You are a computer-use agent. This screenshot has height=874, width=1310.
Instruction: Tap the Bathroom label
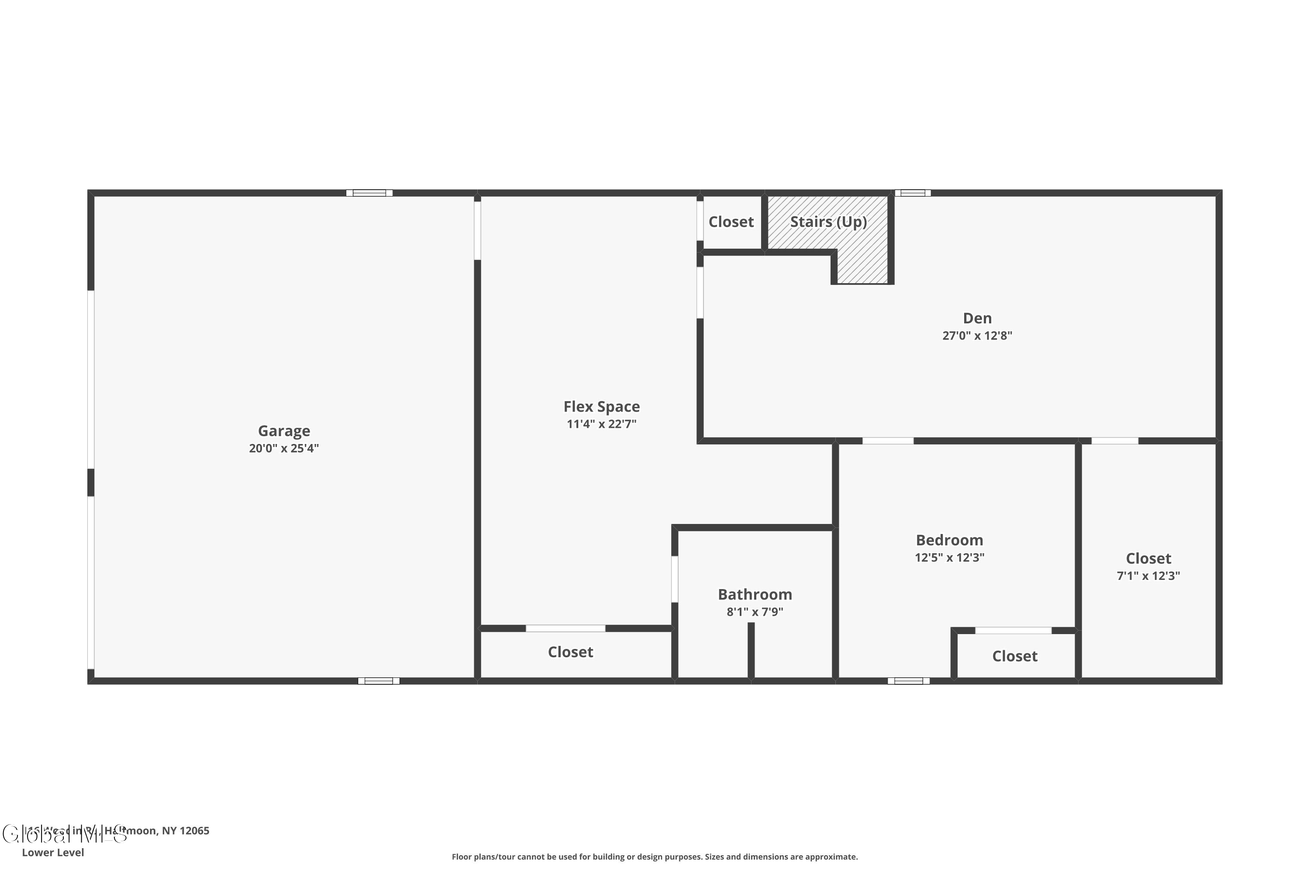tap(755, 594)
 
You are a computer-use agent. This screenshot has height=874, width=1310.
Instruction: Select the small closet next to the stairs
tap(731, 222)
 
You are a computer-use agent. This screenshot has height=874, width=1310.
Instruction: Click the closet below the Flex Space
tap(570, 652)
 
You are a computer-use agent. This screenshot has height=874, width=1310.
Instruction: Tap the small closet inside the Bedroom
tap(1014, 656)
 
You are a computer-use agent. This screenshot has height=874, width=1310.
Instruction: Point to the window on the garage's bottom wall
tap(379, 680)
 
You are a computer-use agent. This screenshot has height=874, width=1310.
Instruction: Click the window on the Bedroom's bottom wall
tap(908, 680)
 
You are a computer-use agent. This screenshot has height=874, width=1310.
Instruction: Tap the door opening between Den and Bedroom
tap(888, 441)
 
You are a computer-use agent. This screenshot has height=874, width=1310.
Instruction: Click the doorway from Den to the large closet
tap(1114, 441)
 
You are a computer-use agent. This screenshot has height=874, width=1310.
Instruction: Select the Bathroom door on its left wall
tap(675, 579)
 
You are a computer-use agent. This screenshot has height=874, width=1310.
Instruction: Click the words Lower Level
tap(53, 852)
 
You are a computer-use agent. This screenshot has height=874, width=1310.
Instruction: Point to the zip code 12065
tap(194, 831)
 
